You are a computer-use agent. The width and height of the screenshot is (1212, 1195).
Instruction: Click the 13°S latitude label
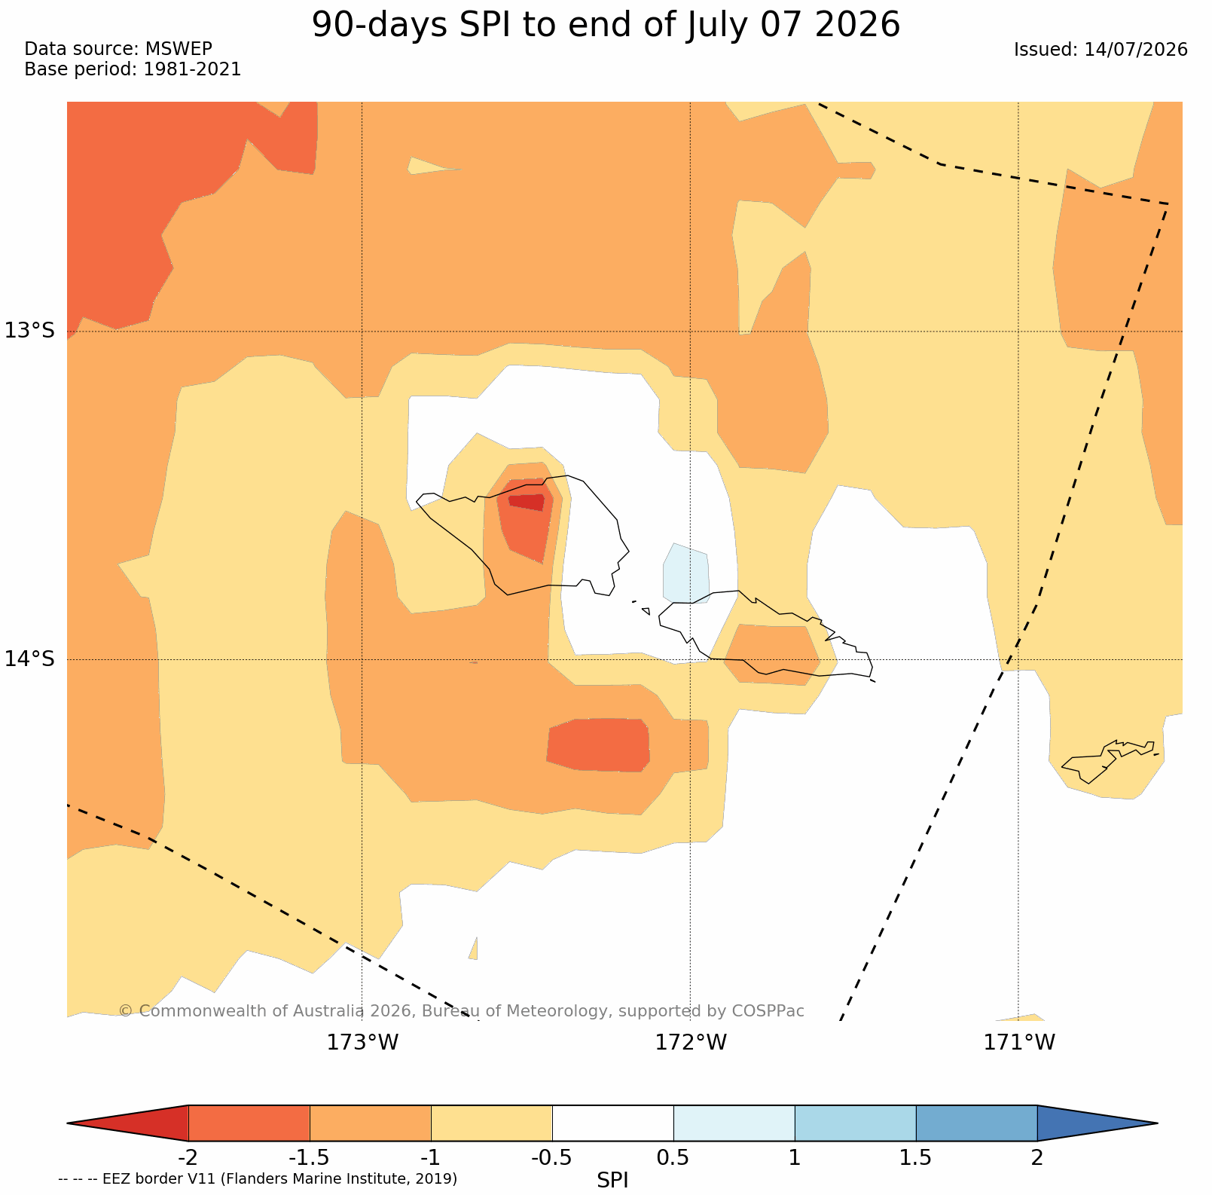click(30, 330)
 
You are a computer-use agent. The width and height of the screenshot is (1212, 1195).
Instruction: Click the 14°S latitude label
click(30, 659)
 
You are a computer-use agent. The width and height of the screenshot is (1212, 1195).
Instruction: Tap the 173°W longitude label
click(362, 1042)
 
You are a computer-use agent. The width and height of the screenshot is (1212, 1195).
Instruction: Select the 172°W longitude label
click(691, 1042)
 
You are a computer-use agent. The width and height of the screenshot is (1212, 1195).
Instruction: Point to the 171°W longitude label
click(1019, 1042)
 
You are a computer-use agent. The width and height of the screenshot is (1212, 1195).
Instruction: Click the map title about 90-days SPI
click(606, 25)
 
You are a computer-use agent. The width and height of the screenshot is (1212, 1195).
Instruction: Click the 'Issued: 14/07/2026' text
click(1101, 50)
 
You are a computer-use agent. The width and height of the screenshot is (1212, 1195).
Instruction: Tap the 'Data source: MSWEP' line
click(118, 49)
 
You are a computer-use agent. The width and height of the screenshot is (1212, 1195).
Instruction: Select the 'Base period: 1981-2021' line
click(133, 69)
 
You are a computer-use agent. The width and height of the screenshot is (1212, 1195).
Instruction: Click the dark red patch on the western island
click(527, 502)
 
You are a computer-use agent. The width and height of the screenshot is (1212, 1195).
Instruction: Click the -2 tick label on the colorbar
click(188, 1157)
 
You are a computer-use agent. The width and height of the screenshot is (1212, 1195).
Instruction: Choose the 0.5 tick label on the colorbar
click(673, 1157)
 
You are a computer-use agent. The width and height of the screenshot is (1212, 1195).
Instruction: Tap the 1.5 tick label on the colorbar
click(916, 1157)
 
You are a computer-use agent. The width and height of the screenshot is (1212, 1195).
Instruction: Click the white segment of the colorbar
click(612, 1123)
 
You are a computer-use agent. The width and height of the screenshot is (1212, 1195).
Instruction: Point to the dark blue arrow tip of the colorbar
click(1097, 1123)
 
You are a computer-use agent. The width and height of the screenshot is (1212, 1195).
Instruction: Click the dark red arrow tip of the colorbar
click(127, 1123)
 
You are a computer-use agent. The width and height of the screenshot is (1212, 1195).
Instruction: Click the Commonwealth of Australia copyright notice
click(461, 1011)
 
